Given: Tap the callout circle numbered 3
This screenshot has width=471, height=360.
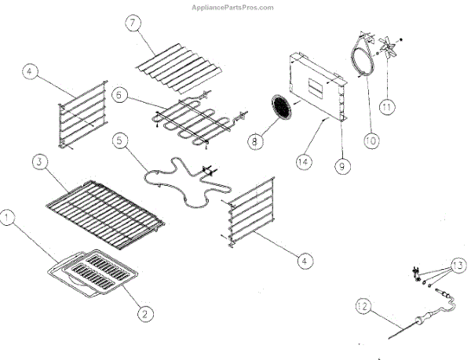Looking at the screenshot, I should tap(37, 162).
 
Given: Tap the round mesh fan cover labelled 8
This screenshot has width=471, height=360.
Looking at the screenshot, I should tap(281, 107).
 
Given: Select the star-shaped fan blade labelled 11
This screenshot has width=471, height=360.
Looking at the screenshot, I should tap(387, 49).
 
